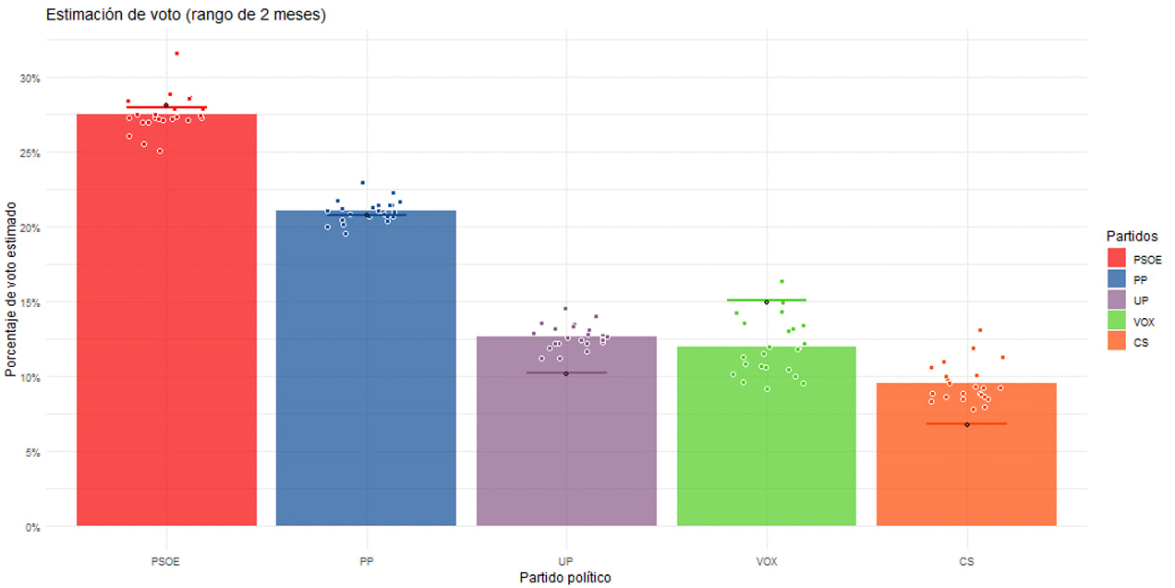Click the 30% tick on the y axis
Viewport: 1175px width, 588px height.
pos(30,78)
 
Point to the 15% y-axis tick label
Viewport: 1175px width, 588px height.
pos(30,302)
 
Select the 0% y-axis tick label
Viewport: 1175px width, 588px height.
pos(33,527)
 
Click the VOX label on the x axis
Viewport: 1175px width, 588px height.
pos(767,561)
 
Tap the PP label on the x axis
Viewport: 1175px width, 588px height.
pos(366,561)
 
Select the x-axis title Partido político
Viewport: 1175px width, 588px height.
pos(565,578)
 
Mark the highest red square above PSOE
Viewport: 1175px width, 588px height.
pos(176,54)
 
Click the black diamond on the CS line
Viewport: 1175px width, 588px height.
pos(967,424)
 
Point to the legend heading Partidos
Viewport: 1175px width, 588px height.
pos(1132,237)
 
